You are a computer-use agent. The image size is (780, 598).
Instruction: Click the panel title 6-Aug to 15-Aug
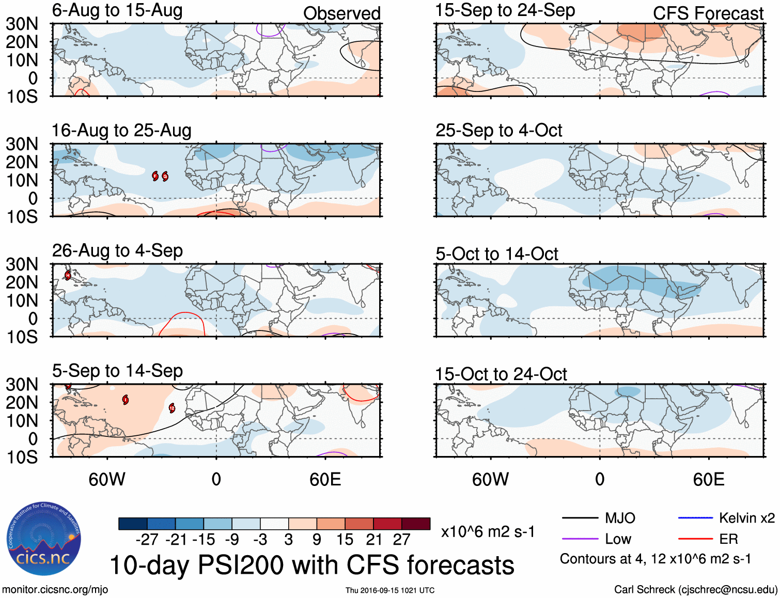click(117, 10)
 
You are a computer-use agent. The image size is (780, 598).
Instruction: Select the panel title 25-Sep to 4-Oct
click(498, 130)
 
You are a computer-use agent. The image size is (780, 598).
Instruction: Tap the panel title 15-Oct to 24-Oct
click(501, 374)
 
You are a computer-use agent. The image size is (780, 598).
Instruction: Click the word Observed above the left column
click(341, 13)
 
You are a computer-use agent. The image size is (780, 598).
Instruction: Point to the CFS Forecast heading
click(708, 13)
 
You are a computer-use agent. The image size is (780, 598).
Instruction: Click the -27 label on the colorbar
click(147, 540)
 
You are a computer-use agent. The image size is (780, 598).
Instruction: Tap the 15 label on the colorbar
click(345, 540)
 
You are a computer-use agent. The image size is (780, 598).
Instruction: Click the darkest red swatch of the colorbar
click(416, 524)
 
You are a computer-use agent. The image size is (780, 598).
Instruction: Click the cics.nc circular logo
click(44, 539)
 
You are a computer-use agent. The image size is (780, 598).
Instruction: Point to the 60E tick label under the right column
click(709, 479)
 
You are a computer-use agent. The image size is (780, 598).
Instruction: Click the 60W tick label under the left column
click(107, 479)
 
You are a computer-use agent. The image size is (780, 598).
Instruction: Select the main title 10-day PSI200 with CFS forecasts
click(312, 565)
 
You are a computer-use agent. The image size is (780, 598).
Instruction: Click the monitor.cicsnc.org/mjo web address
click(55, 590)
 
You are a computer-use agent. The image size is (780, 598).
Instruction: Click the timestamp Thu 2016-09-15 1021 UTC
click(390, 590)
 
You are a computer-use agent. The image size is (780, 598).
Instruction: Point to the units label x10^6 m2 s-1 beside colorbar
click(488, 531)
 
